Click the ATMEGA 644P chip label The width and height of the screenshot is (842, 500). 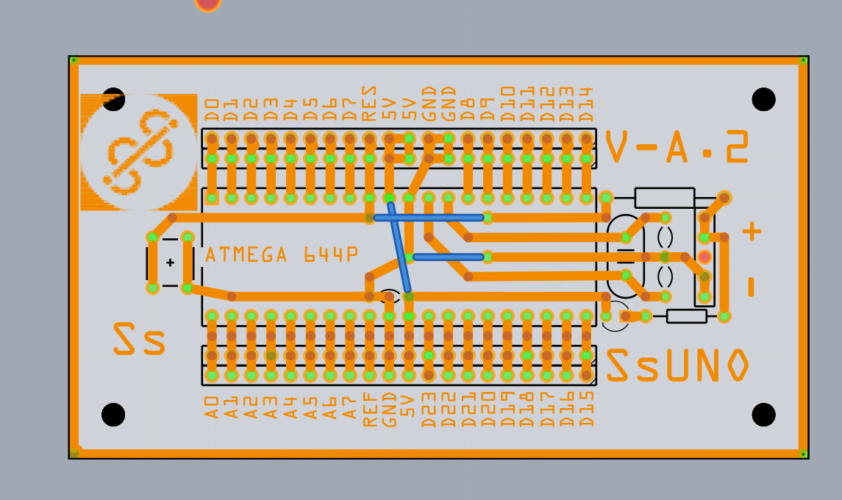(x=282, y=255)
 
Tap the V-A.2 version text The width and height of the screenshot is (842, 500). (x=677, y=147)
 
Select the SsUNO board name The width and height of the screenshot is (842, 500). (x=677, y=365)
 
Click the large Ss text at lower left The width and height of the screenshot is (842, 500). (x=139, y=340)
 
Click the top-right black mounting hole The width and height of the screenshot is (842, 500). (x=763, y=99)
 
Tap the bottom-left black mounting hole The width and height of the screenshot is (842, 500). (x=113, y=414)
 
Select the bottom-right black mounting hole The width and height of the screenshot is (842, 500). (x=763, y=414)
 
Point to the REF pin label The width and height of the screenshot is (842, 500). (x=370, y=410)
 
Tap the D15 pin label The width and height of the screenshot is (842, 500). (x=586, y=410)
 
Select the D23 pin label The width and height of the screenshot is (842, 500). (x=429, y=410)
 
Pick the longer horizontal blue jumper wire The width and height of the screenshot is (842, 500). (x=429, y=218)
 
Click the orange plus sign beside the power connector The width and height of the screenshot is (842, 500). (x=751, y=232)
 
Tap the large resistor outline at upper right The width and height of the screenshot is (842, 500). (x=664, y=197)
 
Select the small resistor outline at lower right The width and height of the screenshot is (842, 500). (x=686, y=316)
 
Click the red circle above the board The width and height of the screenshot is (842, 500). (x=208, y=3)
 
